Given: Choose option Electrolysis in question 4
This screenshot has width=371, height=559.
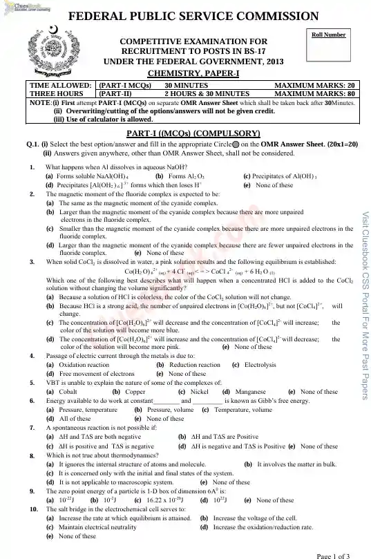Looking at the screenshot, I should [260, 364].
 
